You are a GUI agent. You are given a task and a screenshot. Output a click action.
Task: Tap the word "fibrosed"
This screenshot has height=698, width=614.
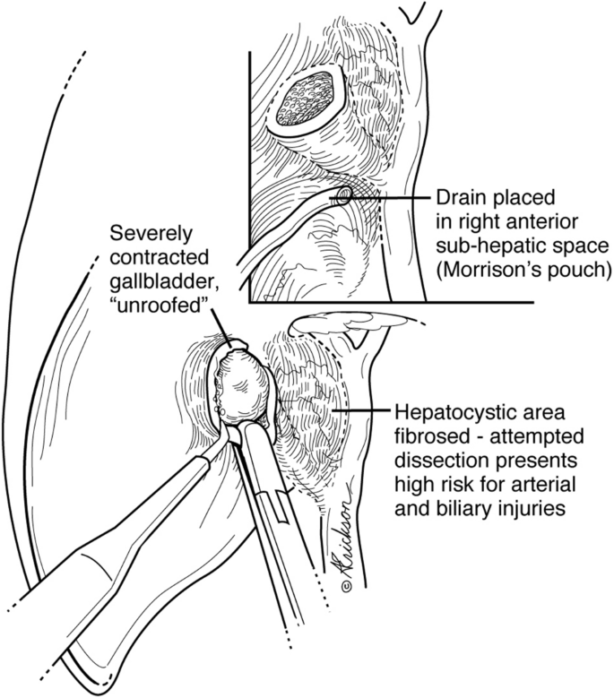tap(428, 437)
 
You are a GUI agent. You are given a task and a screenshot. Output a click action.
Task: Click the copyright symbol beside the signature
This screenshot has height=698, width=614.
tap(346, 585)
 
